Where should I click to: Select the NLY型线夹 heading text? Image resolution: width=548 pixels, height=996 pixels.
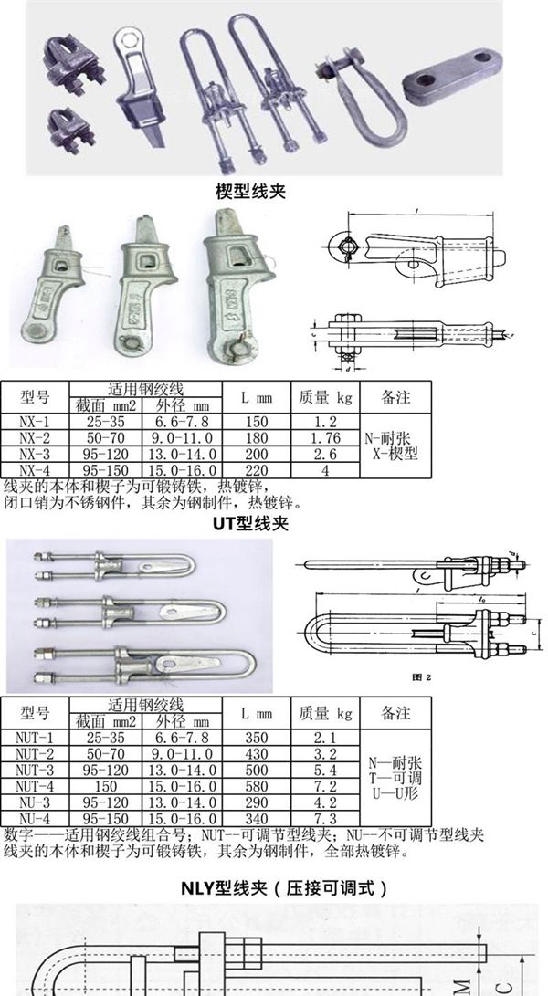[x=275, y=886]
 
